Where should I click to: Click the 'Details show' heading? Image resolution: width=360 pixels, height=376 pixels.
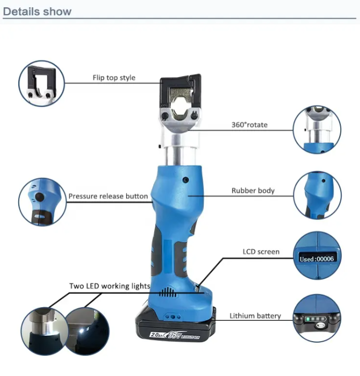[37, 11]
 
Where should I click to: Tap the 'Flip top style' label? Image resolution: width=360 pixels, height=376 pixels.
[114, 78]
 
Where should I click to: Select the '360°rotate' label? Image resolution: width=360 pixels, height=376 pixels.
[250, 124]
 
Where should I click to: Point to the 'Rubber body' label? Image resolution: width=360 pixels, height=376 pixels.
[253, 191]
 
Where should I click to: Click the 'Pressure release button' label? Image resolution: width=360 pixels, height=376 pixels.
[108, 196]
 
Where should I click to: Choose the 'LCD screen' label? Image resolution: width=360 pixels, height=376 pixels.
[261, 252]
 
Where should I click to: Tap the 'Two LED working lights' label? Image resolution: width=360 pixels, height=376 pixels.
[110, 286]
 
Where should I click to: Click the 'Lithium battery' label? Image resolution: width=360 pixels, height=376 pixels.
[255, 316]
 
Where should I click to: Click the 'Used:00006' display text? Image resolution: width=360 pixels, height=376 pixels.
[317, 259]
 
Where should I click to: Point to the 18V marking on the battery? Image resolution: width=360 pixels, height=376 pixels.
[175, 335]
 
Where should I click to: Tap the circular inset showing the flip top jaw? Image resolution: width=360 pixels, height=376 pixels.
[42, 83]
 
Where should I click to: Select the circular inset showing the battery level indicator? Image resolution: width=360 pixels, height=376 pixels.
[317, 318]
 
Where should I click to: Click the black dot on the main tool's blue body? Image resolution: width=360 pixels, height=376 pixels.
[185, 180]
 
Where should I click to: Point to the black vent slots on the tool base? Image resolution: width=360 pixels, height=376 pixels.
[167, 292]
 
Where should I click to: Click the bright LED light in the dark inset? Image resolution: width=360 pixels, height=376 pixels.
[82, 331]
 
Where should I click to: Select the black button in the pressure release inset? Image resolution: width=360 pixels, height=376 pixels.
[39, 197]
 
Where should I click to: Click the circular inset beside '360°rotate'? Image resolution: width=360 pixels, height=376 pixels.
[317, 130]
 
